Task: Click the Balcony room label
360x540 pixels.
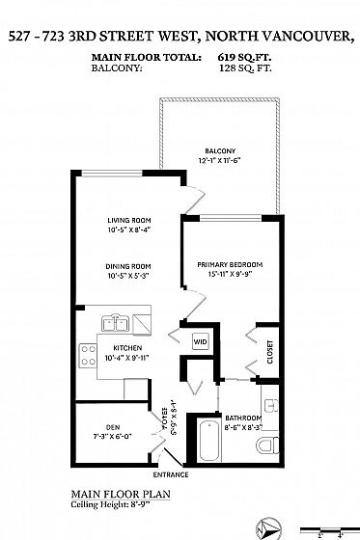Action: pos(220,150)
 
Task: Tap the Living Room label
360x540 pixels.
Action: pos(129,220)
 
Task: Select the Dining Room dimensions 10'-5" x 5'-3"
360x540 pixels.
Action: pos(128,276)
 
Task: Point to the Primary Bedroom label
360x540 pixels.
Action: pos(230,264)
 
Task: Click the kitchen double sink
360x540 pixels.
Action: pos(115,323)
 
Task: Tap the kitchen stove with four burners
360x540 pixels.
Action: pos(88,356)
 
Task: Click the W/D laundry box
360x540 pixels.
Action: pos(200,341)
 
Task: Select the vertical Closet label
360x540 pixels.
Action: pos(270,352)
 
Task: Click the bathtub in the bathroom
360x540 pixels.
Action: pos(209,440)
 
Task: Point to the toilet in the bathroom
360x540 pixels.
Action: pos(268,445)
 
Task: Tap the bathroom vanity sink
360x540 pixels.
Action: pos(271,405)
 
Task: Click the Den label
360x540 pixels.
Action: pos(113,427)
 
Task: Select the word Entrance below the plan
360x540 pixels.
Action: pos(171,474)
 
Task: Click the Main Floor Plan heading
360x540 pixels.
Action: pos(121,495)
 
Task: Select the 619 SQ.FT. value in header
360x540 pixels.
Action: pos(244,57)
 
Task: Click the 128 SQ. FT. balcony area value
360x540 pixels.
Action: pos(245,67)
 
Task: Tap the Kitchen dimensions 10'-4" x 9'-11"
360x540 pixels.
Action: pos(126,358)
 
